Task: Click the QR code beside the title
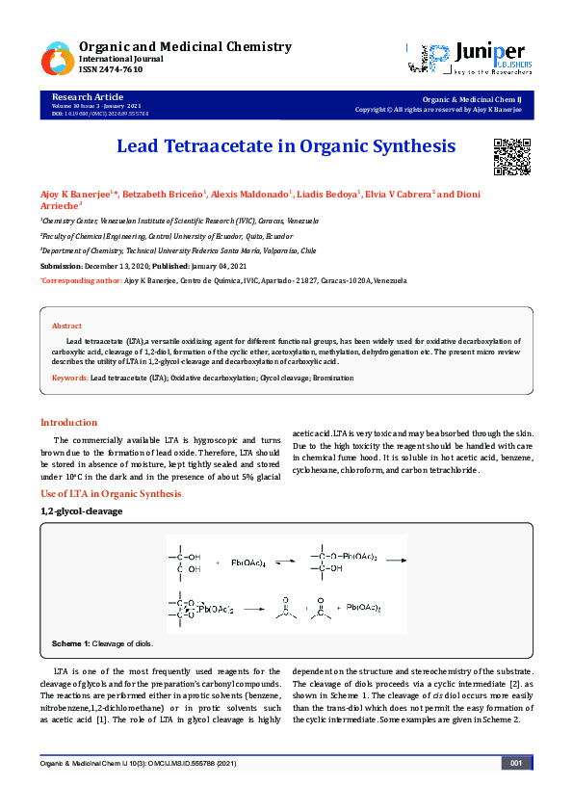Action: tap(512, 157)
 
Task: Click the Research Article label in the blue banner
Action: tap(88, 97)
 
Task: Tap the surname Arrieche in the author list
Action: tap(60, 205)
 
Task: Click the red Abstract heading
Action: tap(66, 327)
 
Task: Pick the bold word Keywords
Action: tap(68, 379)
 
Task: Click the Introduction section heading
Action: tap(68, 422)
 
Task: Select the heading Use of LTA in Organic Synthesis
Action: tap(110, 493)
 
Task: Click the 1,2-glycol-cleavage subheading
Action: tap(81, 510)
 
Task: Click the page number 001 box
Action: tap(515, 763)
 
